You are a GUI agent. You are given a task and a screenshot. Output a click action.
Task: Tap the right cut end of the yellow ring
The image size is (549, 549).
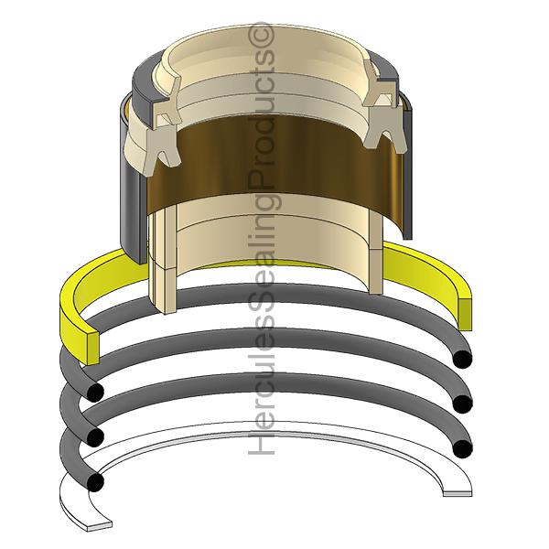(466, 312)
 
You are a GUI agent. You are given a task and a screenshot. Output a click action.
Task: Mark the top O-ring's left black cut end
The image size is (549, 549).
(94, 392)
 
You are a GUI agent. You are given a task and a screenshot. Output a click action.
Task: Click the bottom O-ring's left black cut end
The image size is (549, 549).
(95, 478)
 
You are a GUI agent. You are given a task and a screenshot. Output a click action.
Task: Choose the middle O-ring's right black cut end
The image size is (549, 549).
(464, 404)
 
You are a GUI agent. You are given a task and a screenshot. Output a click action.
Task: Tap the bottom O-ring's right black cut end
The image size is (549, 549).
(464, 448)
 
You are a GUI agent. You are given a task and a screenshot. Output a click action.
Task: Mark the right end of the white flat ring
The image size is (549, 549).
(457, 492)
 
